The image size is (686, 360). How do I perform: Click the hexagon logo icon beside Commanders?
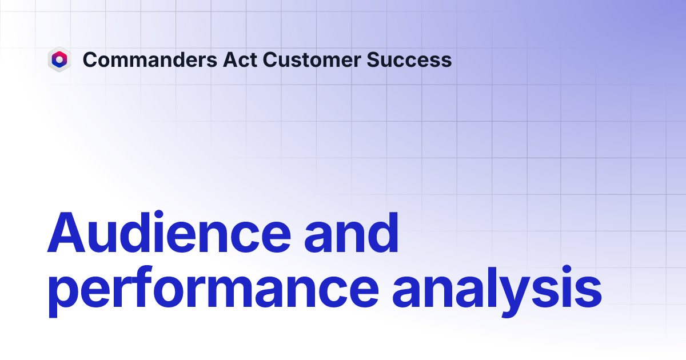(x=59, y=59)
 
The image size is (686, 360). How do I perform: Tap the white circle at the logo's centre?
(x=59, y=59)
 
